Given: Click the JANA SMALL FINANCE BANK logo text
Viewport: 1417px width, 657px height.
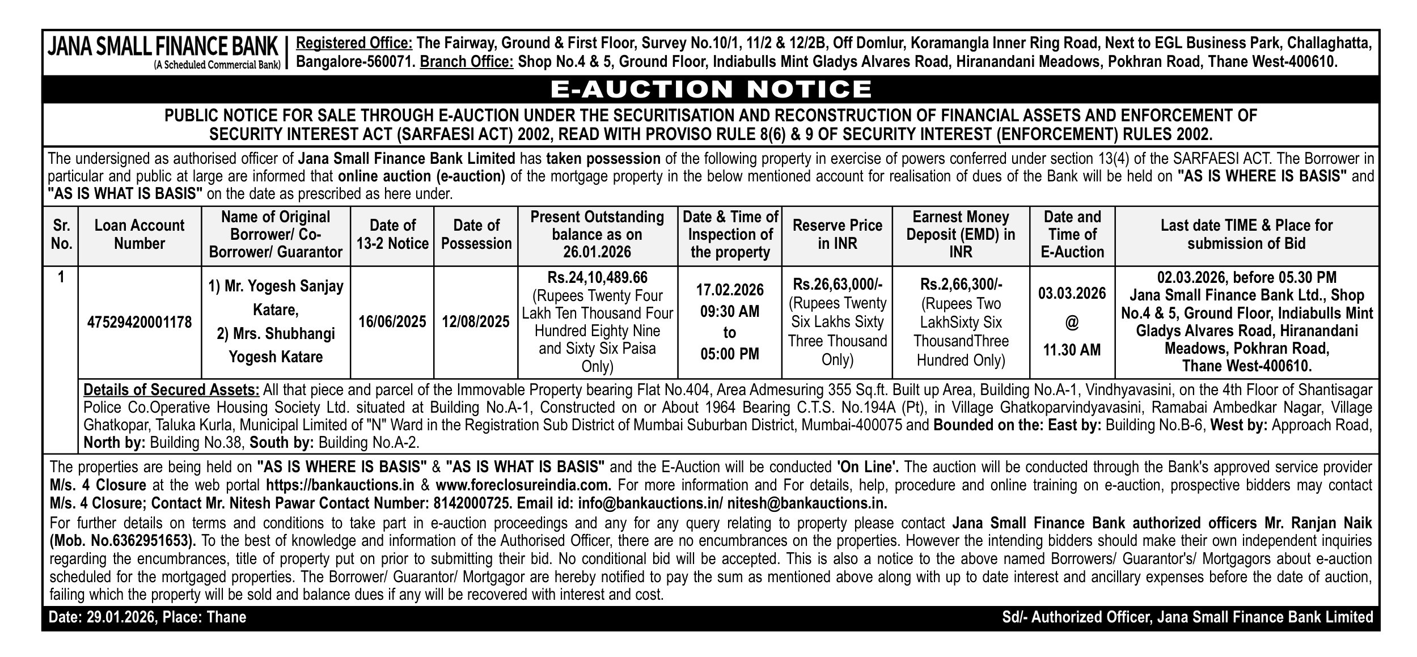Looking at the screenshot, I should [x=163, y=46].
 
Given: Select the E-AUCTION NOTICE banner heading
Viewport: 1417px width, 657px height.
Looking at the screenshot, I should [x=711, y=89].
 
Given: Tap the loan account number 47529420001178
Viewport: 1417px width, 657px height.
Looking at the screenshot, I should [x=139, y=323].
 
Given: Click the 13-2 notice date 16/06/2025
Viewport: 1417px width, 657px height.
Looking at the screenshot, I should [x=392, y=322].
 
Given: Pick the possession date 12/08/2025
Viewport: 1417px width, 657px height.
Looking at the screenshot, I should [x=476, y=322].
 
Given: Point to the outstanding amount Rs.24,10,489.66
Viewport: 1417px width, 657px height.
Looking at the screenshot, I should [x=597, y=278].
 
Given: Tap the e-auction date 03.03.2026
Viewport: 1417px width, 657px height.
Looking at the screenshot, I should [x=1072, y=294].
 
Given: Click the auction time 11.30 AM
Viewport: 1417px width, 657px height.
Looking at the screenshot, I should [x=1072, y=350].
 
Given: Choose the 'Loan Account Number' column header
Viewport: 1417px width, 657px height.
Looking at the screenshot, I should [x=139, y=234].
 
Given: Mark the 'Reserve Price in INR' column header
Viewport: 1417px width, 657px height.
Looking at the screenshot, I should [x=837, y=234].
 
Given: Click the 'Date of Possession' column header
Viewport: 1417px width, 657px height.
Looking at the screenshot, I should [x=476, y=234].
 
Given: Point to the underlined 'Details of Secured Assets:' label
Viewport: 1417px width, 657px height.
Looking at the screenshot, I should [x=171, y=390].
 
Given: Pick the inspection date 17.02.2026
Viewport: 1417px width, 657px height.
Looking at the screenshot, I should [x=729, y=290].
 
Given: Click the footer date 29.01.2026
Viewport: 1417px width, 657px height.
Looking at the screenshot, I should [x=121, y=617].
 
